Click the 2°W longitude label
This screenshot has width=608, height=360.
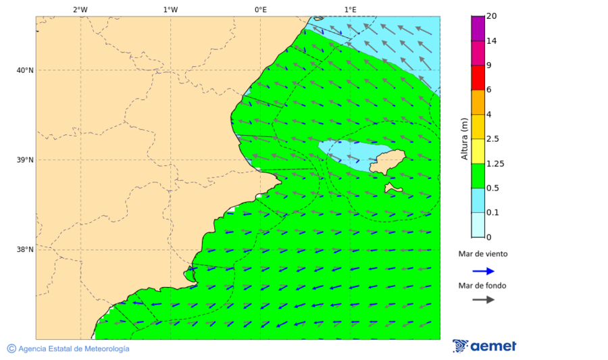pos(80,9)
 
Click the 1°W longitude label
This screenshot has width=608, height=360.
pos(170,9)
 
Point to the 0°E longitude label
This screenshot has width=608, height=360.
pos(260,9)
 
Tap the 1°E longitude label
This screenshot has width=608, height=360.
pos(351,9)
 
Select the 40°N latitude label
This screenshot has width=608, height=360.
pos(25,70)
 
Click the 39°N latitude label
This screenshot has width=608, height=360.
pos(25,160)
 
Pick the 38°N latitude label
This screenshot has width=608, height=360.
pos(25,250)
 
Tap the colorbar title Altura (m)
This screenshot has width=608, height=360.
pos(464,138)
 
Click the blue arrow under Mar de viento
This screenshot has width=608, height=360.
pos(483,271)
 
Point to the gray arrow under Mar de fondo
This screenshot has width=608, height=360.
pos(483,300)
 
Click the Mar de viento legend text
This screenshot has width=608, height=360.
pos(482,255)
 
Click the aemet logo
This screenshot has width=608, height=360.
pos(484,346)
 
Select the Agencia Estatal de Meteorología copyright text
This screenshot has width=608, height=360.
pos(68,349)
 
